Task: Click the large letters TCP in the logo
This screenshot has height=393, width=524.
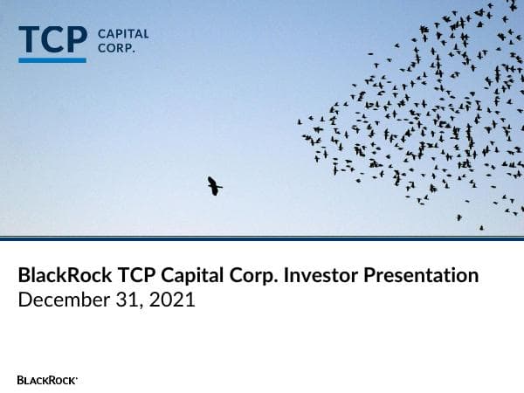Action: point(52,40)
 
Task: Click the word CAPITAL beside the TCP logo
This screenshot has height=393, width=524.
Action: point(123,34)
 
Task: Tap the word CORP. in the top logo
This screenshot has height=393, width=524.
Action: point(116,49)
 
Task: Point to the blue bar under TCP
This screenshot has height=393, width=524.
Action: point(52,59)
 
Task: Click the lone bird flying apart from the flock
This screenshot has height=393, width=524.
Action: point(214,185)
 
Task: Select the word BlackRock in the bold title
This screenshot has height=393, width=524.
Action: point(64,276)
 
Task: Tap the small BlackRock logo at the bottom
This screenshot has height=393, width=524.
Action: point(47,380)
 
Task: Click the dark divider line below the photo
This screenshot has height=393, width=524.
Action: point(262,238)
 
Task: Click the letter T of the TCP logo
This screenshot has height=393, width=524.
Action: point(29,40)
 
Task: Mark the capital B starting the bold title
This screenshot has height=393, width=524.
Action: point(24,276)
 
